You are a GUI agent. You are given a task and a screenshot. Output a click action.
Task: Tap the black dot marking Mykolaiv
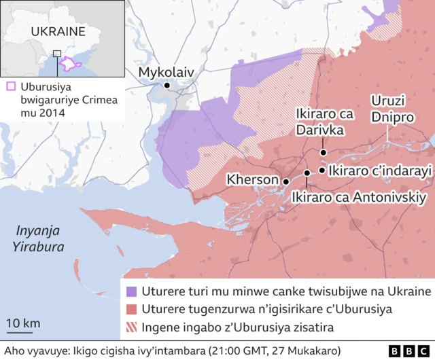[167, 86]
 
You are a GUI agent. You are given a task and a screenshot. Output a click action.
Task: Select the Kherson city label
[253, 180]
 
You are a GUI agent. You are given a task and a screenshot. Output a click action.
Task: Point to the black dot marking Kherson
[286, 181]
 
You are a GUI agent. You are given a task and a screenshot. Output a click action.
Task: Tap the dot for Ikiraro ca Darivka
[324, 152]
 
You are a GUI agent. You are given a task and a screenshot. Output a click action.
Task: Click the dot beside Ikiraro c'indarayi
[321, 170]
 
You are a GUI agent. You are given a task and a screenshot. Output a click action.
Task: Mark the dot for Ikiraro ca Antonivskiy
[307, 173]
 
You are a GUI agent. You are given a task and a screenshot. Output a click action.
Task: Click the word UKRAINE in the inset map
[58, 31]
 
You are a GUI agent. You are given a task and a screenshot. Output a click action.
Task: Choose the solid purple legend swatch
[132, 291]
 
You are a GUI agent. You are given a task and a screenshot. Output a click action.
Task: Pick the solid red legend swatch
[132, 309]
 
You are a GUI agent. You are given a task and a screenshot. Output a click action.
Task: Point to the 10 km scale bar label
[23, 322]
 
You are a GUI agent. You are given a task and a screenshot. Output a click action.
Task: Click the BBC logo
[409, 350]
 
